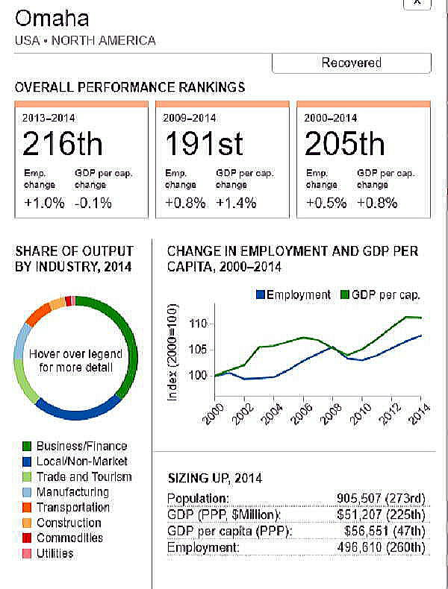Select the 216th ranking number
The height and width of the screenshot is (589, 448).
[62, 143]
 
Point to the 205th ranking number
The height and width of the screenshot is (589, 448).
[344, 143]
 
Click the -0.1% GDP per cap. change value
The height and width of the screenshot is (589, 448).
[93, 203]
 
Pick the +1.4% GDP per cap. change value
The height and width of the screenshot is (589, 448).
[236, 203]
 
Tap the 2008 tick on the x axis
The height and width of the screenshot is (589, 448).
[333, 412]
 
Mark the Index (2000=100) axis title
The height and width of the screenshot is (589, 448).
[173, 352]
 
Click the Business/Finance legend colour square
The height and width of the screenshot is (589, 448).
[26, 447]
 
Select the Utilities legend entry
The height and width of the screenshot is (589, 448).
[55, 553]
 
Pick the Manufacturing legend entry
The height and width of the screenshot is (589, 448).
[72, 492]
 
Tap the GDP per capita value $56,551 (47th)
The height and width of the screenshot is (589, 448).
[385, 532]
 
